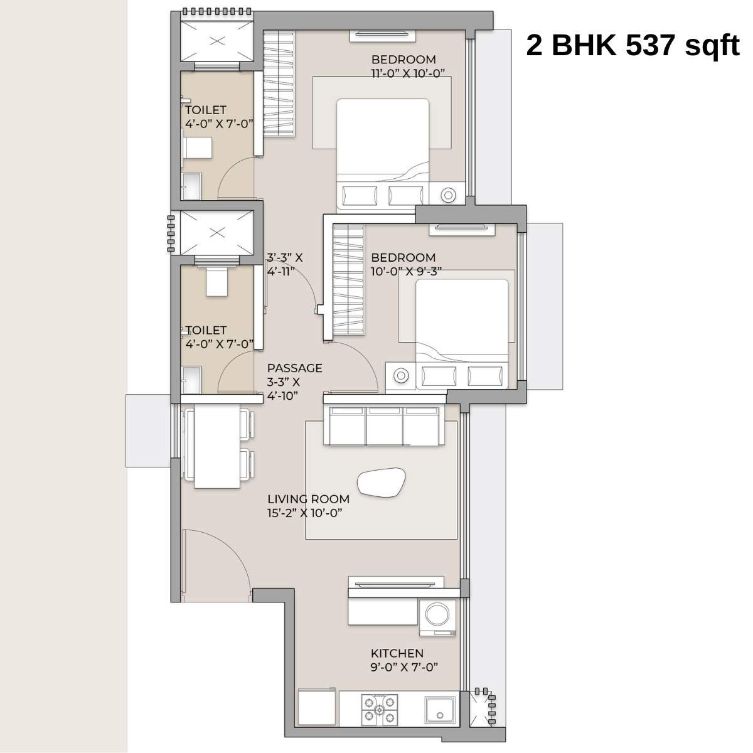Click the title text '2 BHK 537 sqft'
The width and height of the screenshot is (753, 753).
(x=633, y=46)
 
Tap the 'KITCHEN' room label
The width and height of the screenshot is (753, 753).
(x=397, y=653)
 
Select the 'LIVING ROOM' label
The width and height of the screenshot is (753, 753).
(x=308, y=499)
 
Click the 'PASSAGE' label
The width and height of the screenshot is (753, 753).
(x=294, y=368)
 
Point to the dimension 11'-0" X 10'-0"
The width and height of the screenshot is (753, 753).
(x=408, y=73)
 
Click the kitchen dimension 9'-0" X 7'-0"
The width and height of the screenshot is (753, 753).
(x=403, y=668)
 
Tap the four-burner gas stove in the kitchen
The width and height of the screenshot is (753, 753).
(x=380, y=710)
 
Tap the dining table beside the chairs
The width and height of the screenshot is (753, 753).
(x=217, y=446)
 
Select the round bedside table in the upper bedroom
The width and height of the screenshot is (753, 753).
(x=448, y=195)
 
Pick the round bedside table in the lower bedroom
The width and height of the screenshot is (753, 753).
(x=400, y=376)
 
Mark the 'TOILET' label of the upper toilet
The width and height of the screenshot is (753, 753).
(x=205, y=110)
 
